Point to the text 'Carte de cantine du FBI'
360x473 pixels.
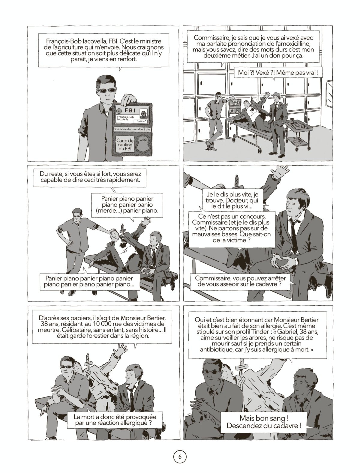pos(125,145)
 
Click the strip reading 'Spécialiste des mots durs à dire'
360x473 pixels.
pos(133,130)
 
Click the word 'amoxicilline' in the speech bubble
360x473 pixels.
pos(295,44)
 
